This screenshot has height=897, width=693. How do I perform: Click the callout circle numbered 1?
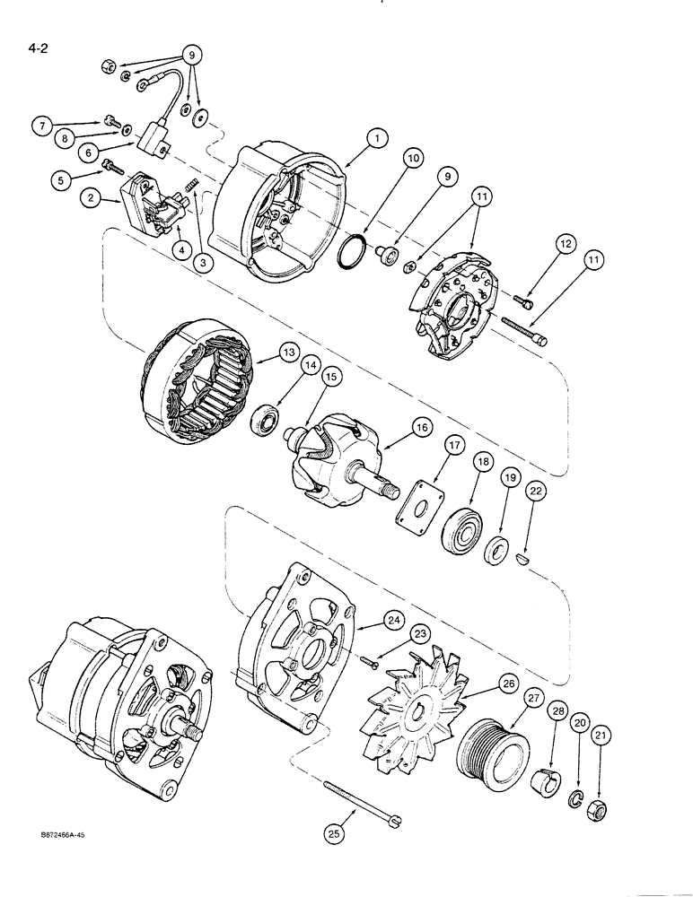click(378, 138)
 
